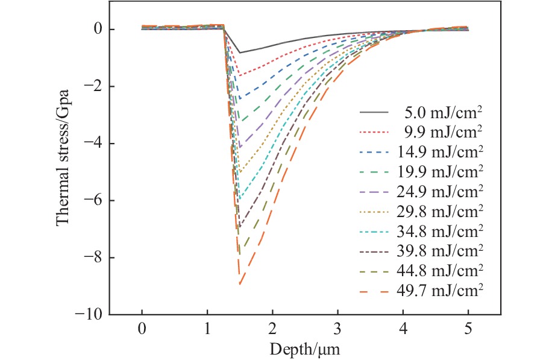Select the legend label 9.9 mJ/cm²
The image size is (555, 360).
pyautogui.click(x=442, y=132)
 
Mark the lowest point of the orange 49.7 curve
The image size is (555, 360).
pyautogui.click(x=240, y=284)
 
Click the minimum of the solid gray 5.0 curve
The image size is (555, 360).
pyautogui.click(x=240, y=53)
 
